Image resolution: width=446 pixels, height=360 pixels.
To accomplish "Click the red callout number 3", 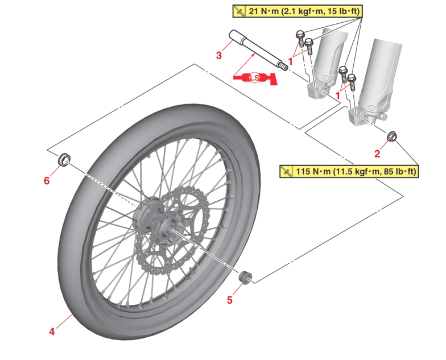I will [219, 56].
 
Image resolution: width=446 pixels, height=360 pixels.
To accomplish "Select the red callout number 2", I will [377, 153].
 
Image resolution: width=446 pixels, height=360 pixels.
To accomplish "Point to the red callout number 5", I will [230, 300].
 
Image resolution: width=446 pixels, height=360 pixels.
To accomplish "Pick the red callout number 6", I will [47, 180].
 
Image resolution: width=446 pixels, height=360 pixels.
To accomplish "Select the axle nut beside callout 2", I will [391, 137].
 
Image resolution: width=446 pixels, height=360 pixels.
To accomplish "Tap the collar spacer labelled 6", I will [65, 159].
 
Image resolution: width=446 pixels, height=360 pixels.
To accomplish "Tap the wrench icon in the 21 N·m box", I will [240, 11].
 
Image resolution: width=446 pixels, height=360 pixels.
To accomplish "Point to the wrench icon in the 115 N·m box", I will [288, 171].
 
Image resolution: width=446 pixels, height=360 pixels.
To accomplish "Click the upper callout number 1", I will [291, 60].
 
